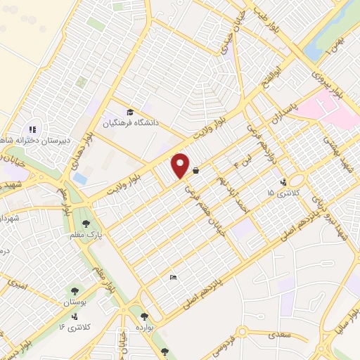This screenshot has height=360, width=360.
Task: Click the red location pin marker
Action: click(x=181, y=165)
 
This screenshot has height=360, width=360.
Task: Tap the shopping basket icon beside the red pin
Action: click(x=195, y=171)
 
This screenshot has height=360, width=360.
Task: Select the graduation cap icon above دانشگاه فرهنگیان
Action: click(x=129, y=112)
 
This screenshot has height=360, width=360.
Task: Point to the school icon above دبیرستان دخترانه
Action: click(x=32, y=129)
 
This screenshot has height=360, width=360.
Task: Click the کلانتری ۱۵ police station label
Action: click(x=279, y=192)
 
